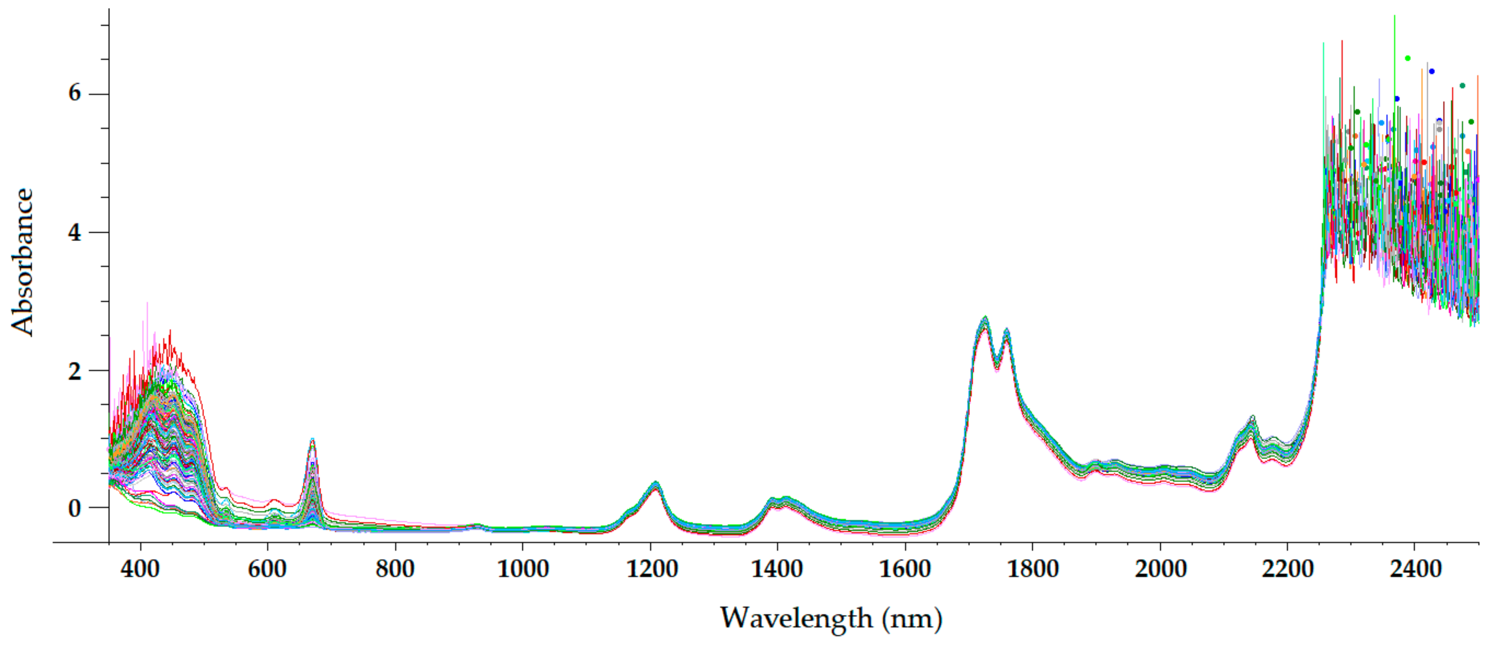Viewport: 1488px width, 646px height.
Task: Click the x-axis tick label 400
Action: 140,569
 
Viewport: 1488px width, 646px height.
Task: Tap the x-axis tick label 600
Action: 267,569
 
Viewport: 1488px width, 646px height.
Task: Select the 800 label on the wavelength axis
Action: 395,569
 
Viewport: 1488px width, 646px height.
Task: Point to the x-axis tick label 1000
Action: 523,569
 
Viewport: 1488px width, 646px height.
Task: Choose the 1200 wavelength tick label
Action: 651,569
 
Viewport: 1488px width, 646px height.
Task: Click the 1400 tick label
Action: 778,569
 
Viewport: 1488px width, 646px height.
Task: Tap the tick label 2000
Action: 1160,569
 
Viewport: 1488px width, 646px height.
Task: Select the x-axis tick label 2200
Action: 1287,569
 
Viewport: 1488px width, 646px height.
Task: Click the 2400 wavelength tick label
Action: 1415,569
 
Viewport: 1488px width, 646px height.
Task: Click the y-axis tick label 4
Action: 75,232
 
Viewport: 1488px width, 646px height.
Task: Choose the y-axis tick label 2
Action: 75,371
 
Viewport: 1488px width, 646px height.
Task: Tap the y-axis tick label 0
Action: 75,508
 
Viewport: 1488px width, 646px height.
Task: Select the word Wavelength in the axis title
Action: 796,618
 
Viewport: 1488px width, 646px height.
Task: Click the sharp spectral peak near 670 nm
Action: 312,440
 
